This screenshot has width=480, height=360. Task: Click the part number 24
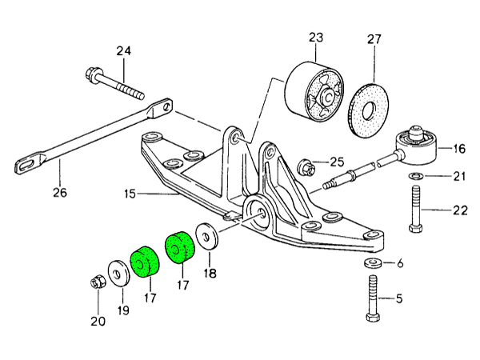[x=122, y=52]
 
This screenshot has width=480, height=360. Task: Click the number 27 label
[x=374, y=38]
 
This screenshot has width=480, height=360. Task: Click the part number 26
[x=61, y=192]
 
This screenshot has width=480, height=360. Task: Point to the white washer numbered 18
[x=209, y=238]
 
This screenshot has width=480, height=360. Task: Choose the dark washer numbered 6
[x=374, y=265]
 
